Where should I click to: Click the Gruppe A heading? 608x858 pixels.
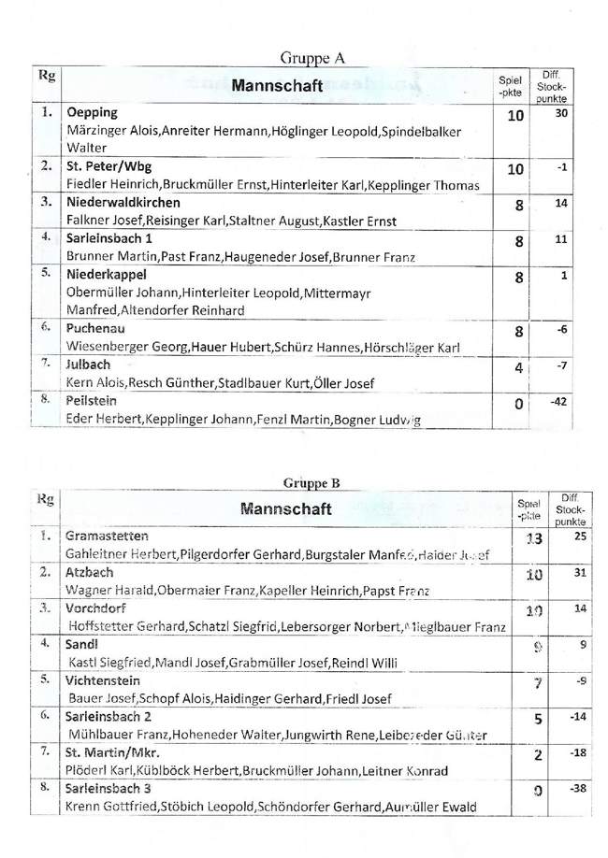pyautogui.click(x=312, y=58)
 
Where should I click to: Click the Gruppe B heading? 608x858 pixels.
pyautogui.click(x=312, y=483)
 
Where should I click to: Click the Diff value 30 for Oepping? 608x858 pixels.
pyautogui.click(x=561, y=113)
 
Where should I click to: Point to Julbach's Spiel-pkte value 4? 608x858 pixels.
pyautogui.click(x=518, y=368)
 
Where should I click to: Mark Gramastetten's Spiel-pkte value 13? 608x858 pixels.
pyautogui.click(x=534, y=540)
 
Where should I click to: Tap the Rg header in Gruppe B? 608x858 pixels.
pyautogui.click(x=45, y=498)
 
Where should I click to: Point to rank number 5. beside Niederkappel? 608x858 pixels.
pyautogui.click(x=46, y=276)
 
